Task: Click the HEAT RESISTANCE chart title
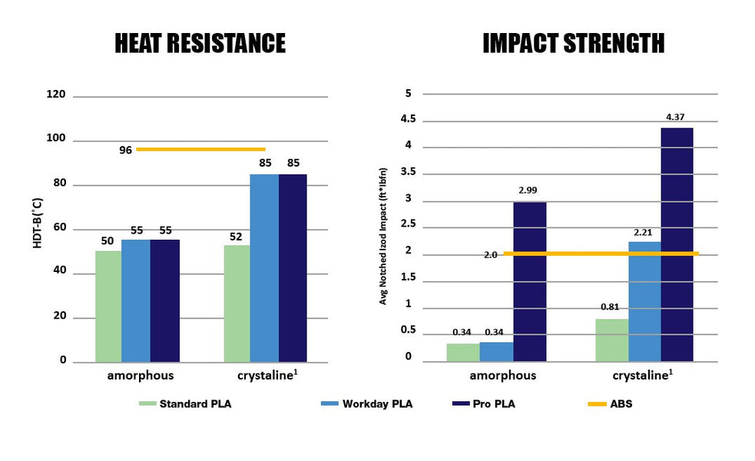[x=200, y=43]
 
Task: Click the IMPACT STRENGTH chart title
[x=573, y=43]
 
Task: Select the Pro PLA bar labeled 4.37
[x=677, y=244]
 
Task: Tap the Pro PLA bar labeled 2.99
[x=529, y=281]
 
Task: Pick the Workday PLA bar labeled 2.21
[x=644, y=301]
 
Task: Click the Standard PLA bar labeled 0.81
[x=611, y=340]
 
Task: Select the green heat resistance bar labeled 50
[x=108, y=306]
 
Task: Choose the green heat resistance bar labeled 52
[x=237, y=303]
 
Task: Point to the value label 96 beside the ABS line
[x=125, y=150]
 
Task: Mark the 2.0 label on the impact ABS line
[x=491, y=254]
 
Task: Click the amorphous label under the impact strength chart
[x=503, y=376]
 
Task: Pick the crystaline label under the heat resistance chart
[x=264, y=376]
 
